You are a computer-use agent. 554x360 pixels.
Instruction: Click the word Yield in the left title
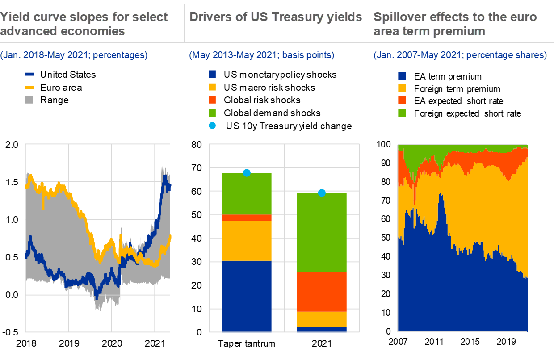click(x=14, y=17)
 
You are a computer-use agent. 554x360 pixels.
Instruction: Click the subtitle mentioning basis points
click(x=261, y=55)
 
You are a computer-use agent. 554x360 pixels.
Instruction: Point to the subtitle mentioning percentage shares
click(x=460, y=55)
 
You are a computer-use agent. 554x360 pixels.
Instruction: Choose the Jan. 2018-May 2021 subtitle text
click(x=74, y=55)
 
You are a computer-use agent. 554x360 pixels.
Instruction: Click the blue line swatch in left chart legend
click(x=29, y=75)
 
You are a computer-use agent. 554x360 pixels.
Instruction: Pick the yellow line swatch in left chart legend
click(x=29, y=87)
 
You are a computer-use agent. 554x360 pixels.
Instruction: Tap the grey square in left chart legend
click(x=29, y=99)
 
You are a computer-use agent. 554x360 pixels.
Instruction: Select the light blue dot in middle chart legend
click(x=212, y=126)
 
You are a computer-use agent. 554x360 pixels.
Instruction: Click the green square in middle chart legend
click(x=212, y=112)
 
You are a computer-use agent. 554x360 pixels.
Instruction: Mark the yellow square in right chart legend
click(x=402, y=88)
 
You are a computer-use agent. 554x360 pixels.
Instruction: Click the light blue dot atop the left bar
click(x=247, y=173)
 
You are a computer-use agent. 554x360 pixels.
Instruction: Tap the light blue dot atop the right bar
click(x=322, y=193)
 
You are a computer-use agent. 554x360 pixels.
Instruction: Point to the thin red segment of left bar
click(x=247, y=218)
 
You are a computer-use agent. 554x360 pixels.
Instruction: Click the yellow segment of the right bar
click(x=322, y=319)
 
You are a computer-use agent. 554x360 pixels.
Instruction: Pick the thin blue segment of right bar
click(x=322, y=330)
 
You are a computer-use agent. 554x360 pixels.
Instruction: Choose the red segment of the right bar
click(x=322, y=292)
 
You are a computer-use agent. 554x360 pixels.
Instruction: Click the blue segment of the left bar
click(x=247, y=296)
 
